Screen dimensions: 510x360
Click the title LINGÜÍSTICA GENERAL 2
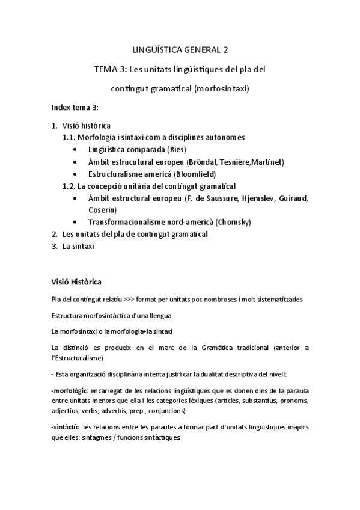180,49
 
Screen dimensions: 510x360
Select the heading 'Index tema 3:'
75,108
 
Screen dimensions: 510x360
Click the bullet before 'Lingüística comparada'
74,150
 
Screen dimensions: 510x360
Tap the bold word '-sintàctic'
66,427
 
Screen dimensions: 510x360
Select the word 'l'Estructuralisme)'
78,358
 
